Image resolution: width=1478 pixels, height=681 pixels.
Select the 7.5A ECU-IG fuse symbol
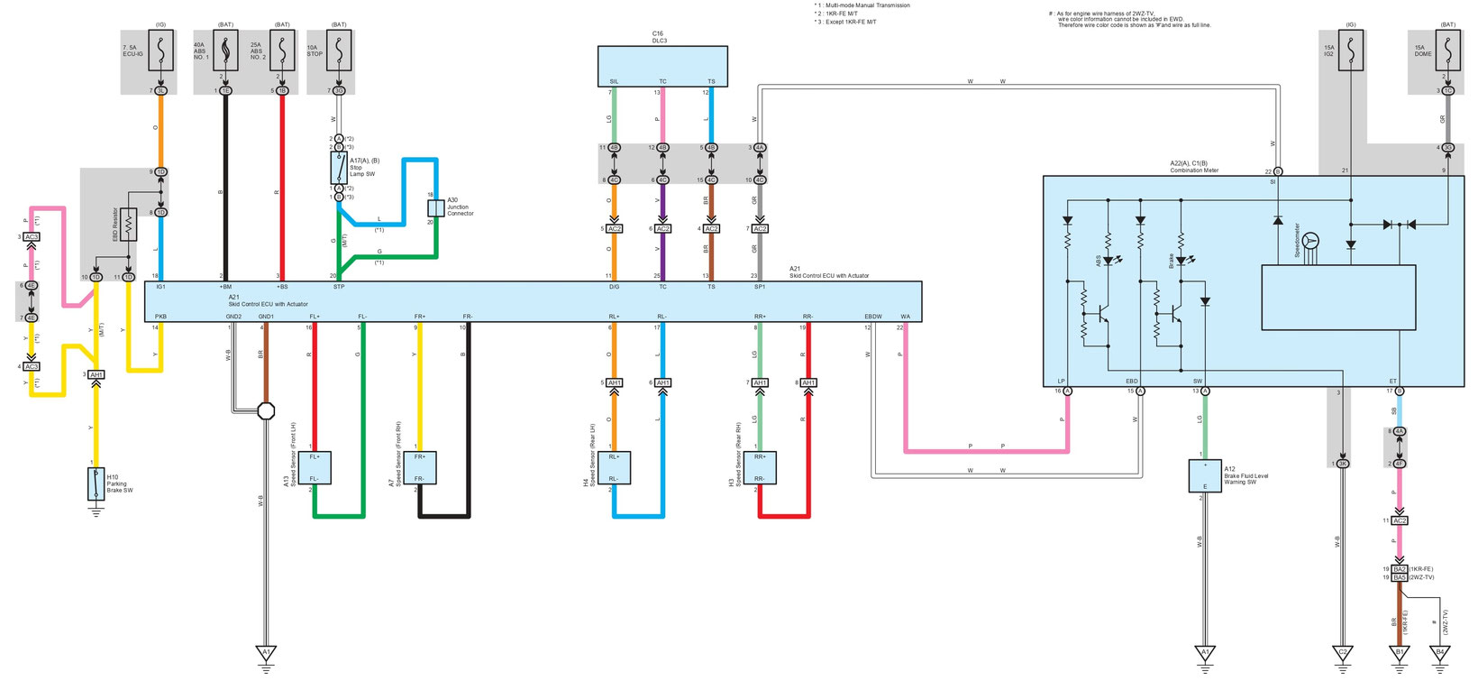point(161,53)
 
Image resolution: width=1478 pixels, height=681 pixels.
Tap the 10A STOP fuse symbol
point(338,53)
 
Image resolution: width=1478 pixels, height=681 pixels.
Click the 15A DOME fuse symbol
point(1447,52)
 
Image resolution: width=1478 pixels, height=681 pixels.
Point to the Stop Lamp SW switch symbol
point(338,168)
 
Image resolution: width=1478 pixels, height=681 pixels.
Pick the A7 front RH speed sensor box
point(426,467)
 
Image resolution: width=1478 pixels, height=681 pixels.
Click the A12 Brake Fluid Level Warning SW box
point(1205,475)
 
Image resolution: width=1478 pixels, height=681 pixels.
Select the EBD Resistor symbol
point(129,225)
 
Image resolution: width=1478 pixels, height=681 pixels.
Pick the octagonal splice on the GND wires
point(266,411)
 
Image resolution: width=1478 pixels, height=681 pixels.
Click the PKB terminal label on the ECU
point(160,317)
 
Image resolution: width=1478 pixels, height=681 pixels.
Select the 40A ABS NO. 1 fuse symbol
point(224,53)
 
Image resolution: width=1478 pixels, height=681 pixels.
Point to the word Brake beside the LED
point(1172,260)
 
